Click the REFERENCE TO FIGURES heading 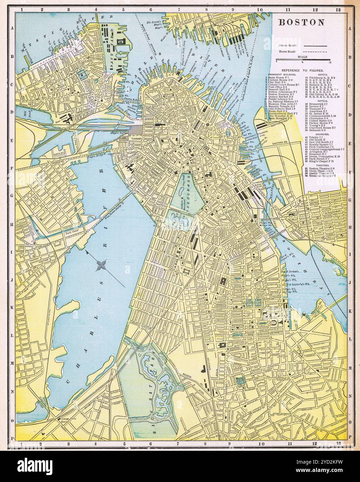click(302, 70)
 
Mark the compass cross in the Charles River click(101, 266)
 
